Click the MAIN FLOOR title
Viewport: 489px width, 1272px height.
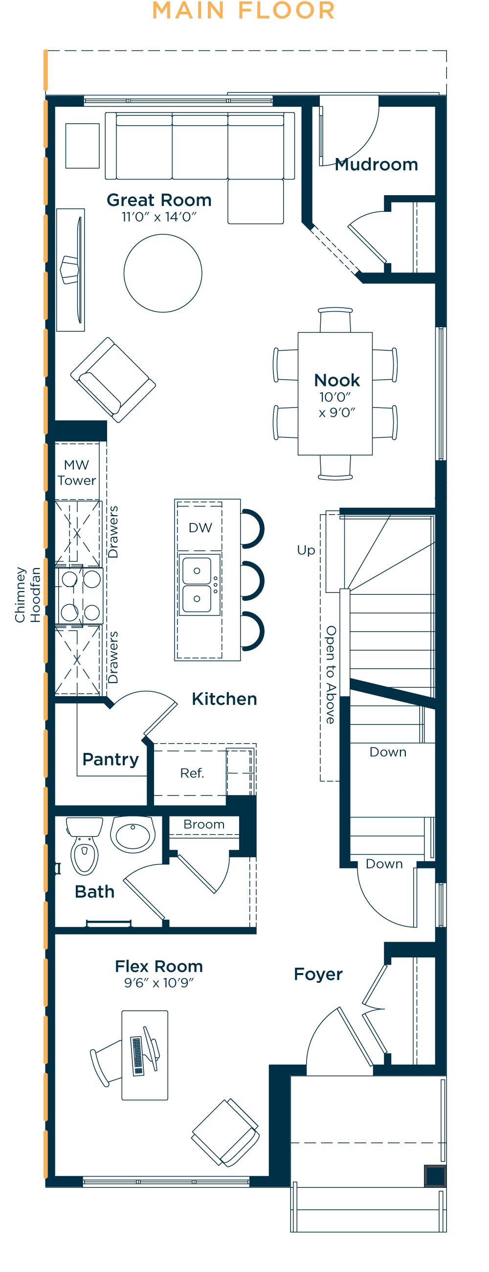pyautogui.click(x=244, y=10)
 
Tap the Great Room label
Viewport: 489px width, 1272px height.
pyautogui.click(x=159, y=200)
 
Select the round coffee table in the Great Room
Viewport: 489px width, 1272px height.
pyautogui.click(x=163, y=273)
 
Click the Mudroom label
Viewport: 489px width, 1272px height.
pyautogui.click(x=376, y=164)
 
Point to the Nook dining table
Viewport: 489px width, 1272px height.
pyautogui.click(x=335, y=393)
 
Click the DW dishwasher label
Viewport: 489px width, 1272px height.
pyautogui.click(x=200, y=528)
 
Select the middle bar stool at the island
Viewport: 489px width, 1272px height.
pyautogui.click(x=253, y=581)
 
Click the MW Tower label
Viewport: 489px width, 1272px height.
pyautogui.click(x=76, y=473)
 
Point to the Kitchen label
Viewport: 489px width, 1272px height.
pyautogui.click(x=224, y=699)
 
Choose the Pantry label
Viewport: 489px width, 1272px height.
pyautogui.click(x=111, y=759)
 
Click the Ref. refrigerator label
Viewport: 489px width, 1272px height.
pyautogui.click(x=192, y=773)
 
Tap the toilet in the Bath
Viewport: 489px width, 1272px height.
pyautogui.click(x=84, y=846)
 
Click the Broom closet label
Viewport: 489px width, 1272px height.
pyautogui.click(x=204, y=825)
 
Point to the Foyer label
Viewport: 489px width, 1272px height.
pyautogui.click(x=318, y=974)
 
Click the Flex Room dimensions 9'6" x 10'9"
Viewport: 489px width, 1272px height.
pyautogui.click(x=159, y=983)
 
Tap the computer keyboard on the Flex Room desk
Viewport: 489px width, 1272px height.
pyautogui.click(x=137, y=1056)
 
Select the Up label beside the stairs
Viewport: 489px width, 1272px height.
pyautogui.click(x=306, y=550)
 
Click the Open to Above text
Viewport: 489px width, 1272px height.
pyautogui.click(x=331, y=675)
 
